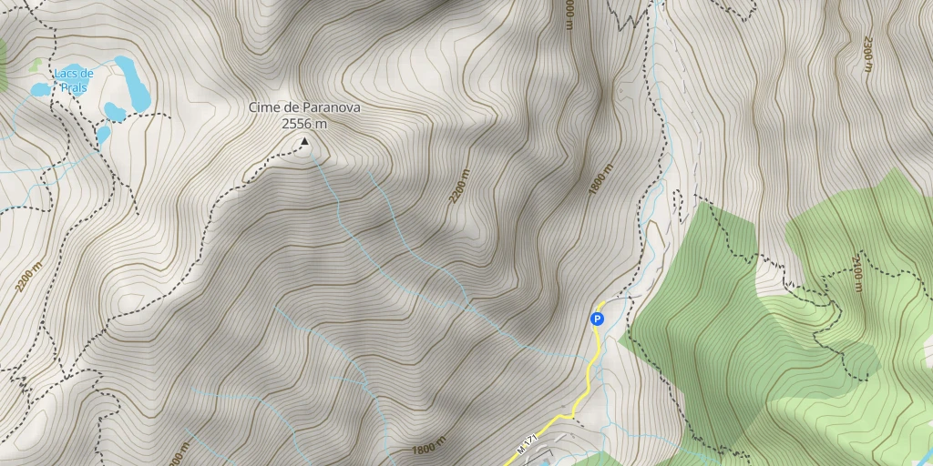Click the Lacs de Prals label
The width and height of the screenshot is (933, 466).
point(73,79)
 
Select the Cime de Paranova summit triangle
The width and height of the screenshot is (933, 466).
point(303,142)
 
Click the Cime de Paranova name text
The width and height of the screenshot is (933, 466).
point(304,107)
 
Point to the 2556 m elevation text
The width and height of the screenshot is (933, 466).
point(304,123)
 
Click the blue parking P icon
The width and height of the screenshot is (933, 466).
point(597,319)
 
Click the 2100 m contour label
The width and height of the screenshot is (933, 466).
point(857,274)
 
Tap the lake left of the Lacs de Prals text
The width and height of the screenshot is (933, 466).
point(40,89)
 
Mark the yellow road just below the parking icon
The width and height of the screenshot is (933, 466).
point(594,350)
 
